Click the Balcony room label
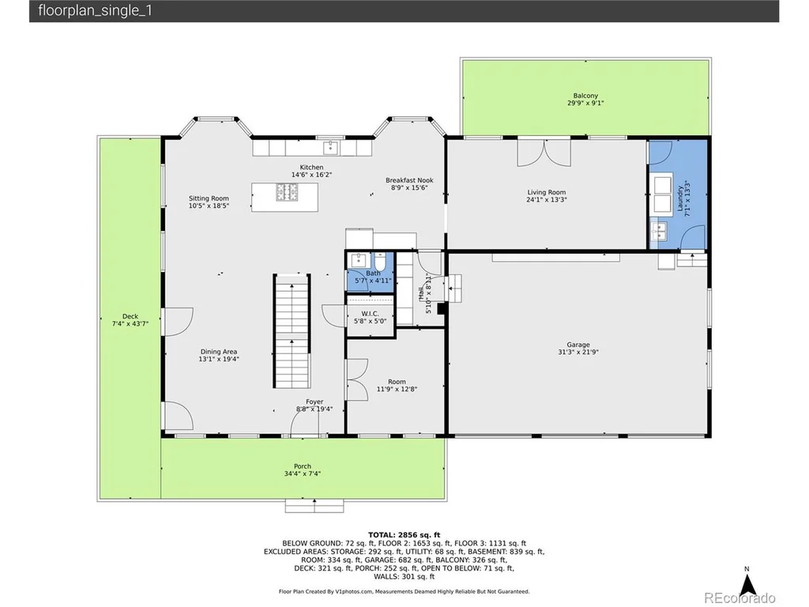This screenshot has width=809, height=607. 585,96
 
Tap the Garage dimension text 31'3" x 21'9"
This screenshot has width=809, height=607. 578,352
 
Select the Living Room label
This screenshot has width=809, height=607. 547,192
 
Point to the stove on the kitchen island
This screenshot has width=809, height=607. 287,192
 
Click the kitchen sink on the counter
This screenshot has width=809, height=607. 330,148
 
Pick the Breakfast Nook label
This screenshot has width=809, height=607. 409,180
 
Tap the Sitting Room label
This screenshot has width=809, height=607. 209,198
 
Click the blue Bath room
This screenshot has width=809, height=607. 371,272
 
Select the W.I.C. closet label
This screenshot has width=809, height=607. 370,313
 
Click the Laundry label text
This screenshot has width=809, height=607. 680,198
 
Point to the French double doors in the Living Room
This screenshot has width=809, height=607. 544,153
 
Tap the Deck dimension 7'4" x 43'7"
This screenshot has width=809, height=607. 130,323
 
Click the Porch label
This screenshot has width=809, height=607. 303,466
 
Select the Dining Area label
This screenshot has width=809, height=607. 219,352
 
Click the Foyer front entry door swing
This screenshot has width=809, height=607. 304,424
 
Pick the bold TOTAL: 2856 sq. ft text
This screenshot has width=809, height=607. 404,535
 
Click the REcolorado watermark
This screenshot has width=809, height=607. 739,598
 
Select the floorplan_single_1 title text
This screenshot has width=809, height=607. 96,11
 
